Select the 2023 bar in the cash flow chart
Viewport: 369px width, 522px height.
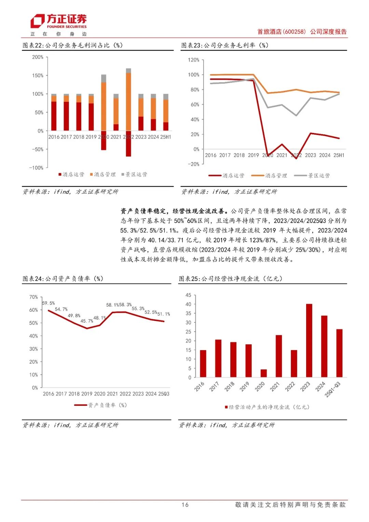click(x=309, y=340)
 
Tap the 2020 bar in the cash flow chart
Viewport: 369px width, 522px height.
click(x=263, y=373)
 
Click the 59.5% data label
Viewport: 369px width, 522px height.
click(x=49, y=303)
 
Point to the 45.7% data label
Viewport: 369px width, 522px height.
click(x=87, y=321)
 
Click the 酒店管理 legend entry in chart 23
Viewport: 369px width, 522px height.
click(x=269, y=176)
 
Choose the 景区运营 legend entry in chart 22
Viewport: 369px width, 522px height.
click(x=134, y=175)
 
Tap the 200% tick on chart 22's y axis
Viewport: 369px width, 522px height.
click(x=38, y=57)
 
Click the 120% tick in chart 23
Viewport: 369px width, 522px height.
click(x=193, y=60)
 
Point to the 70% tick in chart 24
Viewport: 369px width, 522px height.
click(x=33, y=297)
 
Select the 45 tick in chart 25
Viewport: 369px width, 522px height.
click(x=188, y=295)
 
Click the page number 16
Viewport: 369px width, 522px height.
click(x=185, y=505)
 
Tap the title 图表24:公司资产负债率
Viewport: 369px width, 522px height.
click(x=63, y=279)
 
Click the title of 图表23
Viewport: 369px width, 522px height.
click(x=225, y=45)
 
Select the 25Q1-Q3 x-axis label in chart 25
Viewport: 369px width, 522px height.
click(x=332, y=390)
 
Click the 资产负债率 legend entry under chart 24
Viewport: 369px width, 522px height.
click(x=101, y=405)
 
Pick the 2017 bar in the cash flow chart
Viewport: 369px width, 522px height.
click(x=218, y=358)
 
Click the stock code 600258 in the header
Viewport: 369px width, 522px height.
click(x=295, y=31)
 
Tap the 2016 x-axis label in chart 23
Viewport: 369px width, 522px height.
click(x=210, y=155)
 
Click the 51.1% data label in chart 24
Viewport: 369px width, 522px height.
click(x=164, y=314)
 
